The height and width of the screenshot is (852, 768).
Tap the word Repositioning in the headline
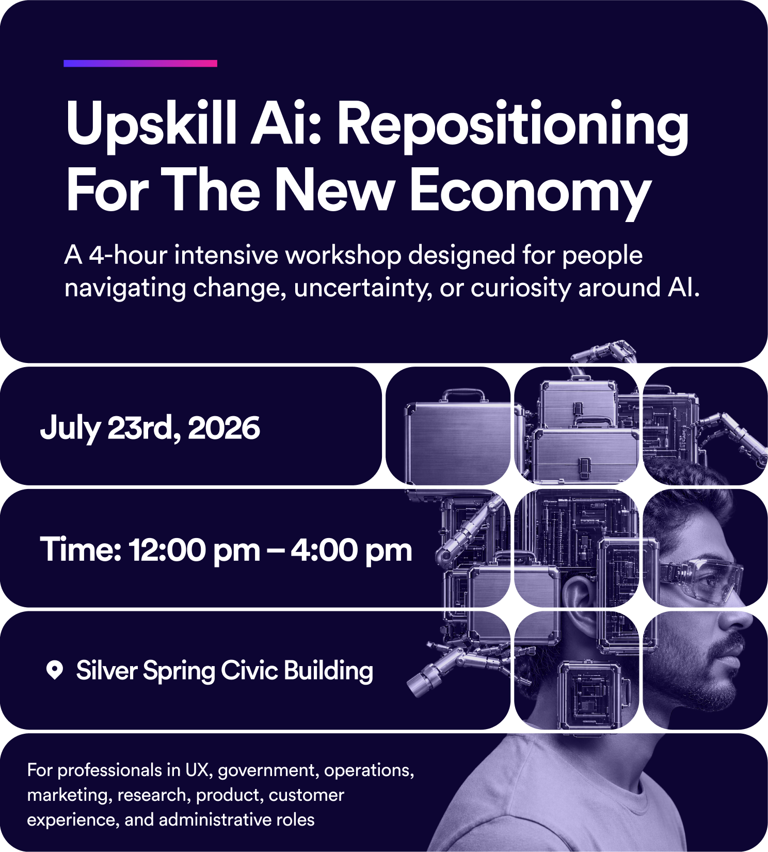point(513,125)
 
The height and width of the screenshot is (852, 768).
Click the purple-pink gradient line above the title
point(140,64)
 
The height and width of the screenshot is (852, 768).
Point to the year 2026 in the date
point(224,428)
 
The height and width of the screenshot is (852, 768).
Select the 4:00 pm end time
point(351,550)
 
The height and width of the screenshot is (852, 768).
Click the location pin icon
point(54,670)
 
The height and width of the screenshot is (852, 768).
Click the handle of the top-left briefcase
point(463,395)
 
